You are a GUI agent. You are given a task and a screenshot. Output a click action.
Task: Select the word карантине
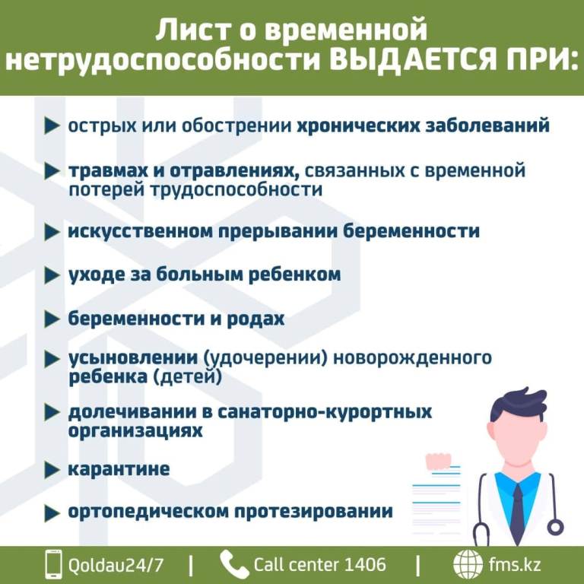(x=119, y=469)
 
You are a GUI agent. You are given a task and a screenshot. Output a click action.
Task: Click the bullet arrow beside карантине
(x=52, y=470)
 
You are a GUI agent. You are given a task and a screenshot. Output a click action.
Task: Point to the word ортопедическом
(x=148, y=511)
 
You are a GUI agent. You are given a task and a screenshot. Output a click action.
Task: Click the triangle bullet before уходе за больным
(x=52, y=275)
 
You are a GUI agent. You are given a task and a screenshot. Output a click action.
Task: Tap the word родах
(x=255, y=319)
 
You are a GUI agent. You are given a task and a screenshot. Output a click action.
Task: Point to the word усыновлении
(x=133, y=358)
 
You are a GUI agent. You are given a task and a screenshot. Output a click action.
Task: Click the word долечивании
(x=132, y=412)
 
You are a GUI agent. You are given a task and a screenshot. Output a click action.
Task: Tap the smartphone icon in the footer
(x=53, y=564)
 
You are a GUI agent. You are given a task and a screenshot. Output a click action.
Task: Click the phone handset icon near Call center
(x=234, y=564)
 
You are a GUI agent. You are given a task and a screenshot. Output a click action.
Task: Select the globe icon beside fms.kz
(x=468, y=564)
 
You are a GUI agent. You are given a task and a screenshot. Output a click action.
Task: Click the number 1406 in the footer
(x=365, y=565)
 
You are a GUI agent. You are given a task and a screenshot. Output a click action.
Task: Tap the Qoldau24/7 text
(x=116, y=565)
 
